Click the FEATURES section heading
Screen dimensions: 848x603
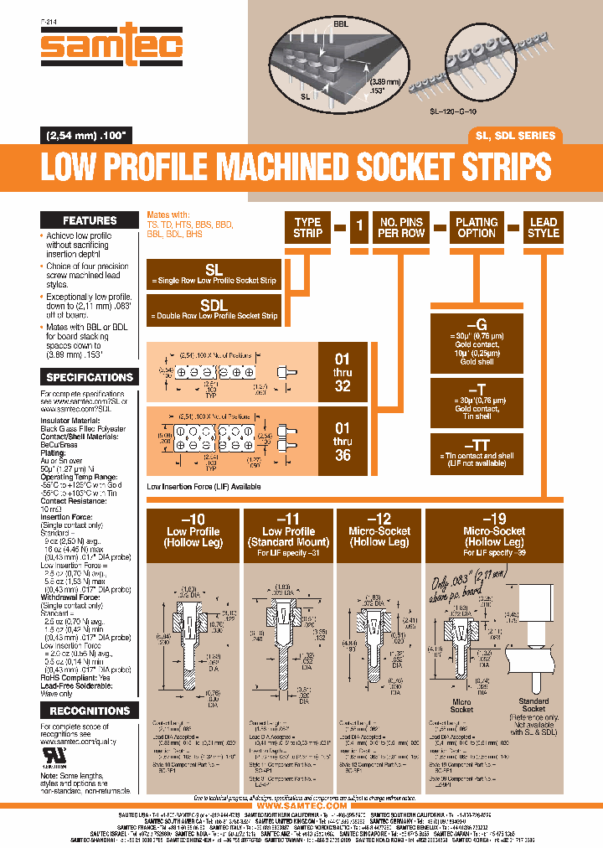pos(90,220)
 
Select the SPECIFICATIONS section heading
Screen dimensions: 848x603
pos(90,377)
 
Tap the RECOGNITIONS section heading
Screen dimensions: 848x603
pos(90,711)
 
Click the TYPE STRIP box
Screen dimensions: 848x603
pos(307,227)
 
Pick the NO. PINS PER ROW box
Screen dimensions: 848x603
pos(400,227)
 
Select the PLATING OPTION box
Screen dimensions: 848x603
pos(477,227)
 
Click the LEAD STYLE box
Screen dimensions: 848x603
pos(543,227)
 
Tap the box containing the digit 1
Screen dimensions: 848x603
pos(358,227)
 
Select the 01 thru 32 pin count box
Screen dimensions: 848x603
pos(343,372)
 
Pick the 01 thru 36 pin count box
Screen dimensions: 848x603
pos(343,442)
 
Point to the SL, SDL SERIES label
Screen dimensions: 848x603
pos(515,135)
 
